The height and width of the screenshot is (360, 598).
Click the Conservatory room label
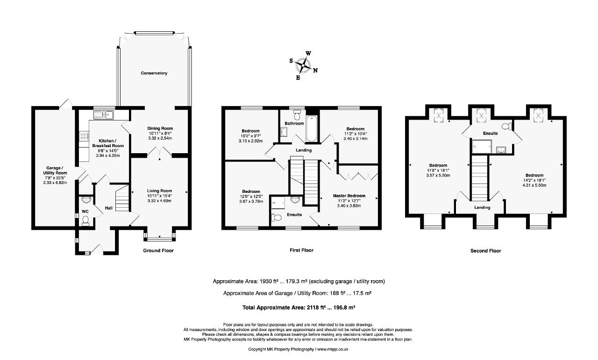[154, 73]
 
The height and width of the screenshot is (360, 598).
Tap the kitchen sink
[104, 115]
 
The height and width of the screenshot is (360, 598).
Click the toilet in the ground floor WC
[85, 221]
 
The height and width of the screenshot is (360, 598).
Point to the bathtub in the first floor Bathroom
[312, 128]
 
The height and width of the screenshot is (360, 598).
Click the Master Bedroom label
[349, 196]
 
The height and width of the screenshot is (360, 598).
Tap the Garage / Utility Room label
[55, 170]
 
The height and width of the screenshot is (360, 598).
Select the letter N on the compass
[315, 71]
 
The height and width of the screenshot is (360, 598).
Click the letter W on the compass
[308, 53]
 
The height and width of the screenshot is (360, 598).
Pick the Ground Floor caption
[158, 251]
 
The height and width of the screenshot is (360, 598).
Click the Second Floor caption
[485, 251]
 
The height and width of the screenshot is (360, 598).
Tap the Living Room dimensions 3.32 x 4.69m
[159, 201]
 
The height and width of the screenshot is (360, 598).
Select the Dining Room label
[160, 128]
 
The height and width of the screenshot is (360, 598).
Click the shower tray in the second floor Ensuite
[482, 147]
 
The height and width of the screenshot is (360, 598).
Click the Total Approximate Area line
[299, 307]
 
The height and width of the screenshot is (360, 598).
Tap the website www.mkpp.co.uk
[333, 349]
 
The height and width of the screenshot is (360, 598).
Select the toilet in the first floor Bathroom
[297, 115]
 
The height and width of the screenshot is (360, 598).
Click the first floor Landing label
[304, 150]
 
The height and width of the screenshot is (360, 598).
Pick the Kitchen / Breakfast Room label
[108, 143]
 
